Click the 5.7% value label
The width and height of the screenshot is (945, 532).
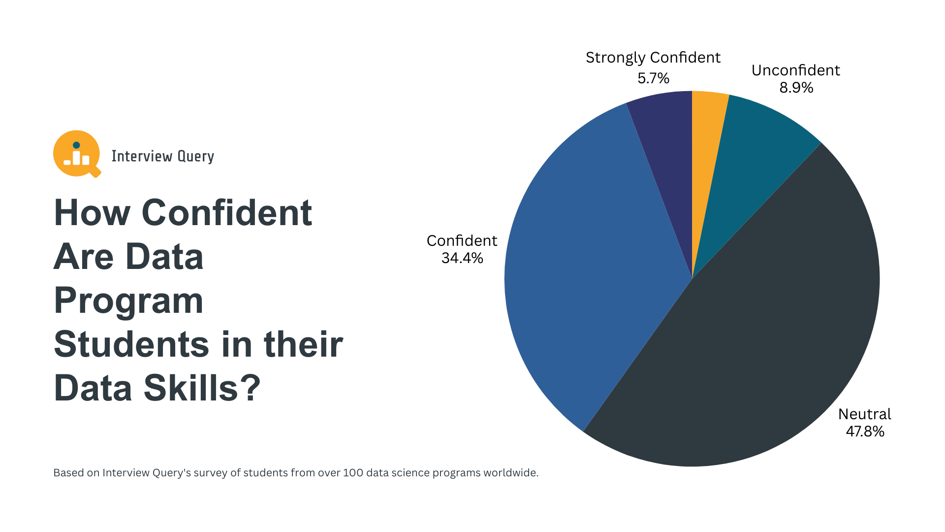coord(653,78)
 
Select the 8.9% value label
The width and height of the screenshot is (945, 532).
coord(796,88)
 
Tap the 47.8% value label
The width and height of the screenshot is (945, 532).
coord(865,432)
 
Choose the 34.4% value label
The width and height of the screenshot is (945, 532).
coord(462,258)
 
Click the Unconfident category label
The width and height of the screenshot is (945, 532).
coord(795,70)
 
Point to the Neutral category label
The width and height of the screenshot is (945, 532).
coord(864,414)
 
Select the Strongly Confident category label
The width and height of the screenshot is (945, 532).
coord(653,58)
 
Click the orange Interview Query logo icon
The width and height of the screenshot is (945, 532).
coord(76,154)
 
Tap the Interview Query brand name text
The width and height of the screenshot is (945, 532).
coord(162,156)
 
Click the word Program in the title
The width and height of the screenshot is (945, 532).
coord(128,300)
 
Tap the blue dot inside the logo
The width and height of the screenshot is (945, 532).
coord(76,145)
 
